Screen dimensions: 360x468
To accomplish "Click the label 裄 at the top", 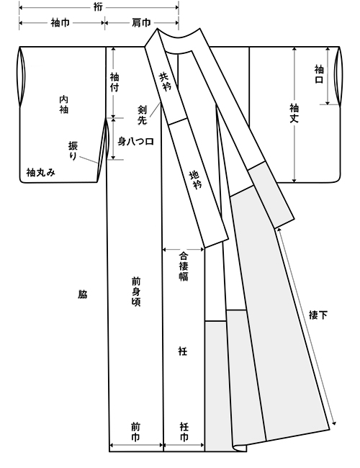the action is point(98,7).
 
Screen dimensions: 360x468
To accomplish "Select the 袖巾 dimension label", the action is point(60,22).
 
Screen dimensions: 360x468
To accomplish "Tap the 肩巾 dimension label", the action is point(141,22).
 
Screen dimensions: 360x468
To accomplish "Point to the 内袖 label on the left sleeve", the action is point(63,104).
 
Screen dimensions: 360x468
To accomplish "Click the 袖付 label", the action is point(114,82).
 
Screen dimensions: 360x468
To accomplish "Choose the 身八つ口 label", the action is point(136,141).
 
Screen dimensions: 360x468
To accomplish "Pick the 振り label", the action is point(73,150).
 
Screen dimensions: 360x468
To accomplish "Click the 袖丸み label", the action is point(41,172).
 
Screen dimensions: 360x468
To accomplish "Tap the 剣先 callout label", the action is point(142,115).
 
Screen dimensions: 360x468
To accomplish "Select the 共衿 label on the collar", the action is point(164,82).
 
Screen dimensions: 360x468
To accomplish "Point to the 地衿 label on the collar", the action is point(197,179).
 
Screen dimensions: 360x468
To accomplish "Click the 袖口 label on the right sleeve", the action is point(319,74).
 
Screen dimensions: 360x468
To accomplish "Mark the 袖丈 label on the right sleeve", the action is point(294,113).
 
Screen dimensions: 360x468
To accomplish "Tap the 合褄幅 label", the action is point(184,266).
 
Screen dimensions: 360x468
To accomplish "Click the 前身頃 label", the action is point(136,292).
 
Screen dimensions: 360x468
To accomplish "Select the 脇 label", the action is point(82,294).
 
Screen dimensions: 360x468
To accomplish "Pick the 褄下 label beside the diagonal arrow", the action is point(318,315).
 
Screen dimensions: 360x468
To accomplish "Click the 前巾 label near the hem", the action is point(135,432).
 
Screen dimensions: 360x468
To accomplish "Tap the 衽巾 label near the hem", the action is point(184,432).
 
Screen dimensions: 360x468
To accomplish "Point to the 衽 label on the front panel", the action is point(183,351).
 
